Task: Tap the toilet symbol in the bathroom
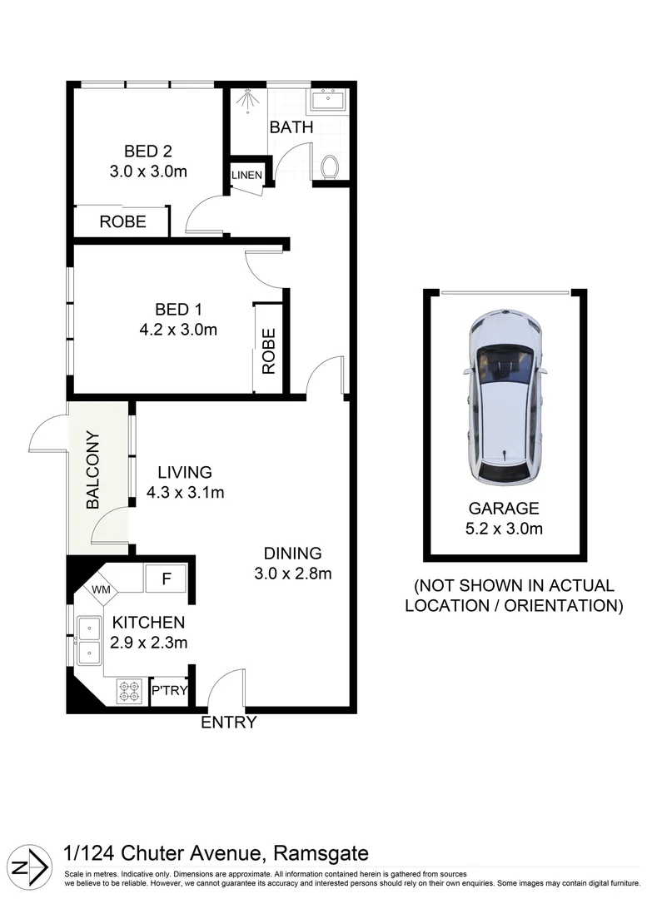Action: (330, 166)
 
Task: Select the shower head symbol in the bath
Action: (246, 100)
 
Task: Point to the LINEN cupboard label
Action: (247, 176)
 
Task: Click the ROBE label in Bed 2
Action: (122, 221)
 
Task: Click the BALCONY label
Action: (92, 469)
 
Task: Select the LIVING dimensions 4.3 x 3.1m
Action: (185, 491)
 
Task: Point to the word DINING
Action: (292, 553)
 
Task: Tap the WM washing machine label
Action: (101, 589)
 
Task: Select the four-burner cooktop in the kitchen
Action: (128, 691)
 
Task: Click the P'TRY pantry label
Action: (169, 691)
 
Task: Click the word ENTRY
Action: (229, 723)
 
